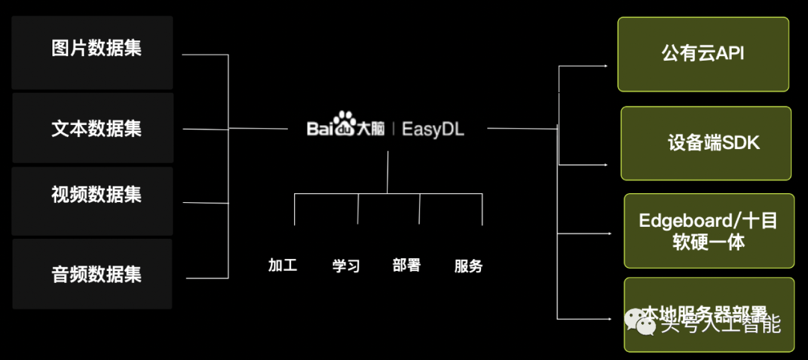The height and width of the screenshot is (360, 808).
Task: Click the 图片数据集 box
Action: pos(93,53)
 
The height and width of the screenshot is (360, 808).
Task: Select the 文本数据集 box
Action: pos(93,128)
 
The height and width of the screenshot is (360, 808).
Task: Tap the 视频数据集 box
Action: pos(93,201)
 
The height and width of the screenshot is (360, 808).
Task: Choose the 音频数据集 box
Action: pos(93,273)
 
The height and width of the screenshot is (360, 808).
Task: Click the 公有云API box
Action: pos(703,54)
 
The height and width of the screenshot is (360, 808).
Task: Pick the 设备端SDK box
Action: pos(706,143)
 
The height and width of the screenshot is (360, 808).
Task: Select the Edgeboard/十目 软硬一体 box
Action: pos(708,231)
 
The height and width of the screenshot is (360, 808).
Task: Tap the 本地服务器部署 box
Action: pos(708,314)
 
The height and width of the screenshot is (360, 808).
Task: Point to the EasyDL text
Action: pos(433,129)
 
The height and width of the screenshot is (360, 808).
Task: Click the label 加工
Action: pos(283,265)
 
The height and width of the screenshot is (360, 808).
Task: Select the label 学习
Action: pos(346,266)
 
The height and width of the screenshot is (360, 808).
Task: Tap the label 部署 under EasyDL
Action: pos(406,265)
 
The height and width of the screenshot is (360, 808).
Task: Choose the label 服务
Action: pos(468,266)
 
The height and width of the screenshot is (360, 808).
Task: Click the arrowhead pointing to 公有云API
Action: pos(605,66)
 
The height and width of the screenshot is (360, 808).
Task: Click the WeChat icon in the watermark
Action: pos(638,323)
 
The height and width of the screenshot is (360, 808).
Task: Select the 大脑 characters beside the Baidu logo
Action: pos(370,129)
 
